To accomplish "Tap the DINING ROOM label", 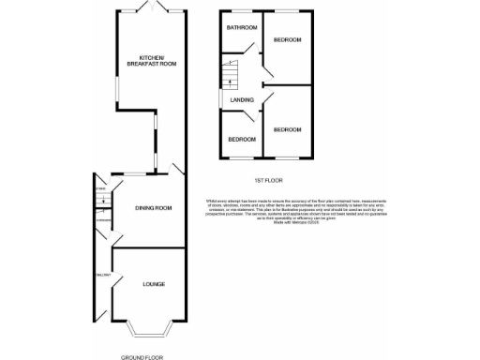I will coord(153,207).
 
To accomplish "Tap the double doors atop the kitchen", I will coord(154,8).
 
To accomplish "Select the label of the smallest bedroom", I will coord(242,139).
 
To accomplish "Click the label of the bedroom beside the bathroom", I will coord(288,41).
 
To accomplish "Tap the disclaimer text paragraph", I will coord(267,212).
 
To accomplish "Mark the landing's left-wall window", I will coord(221,98).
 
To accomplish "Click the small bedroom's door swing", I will coord(251,117).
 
